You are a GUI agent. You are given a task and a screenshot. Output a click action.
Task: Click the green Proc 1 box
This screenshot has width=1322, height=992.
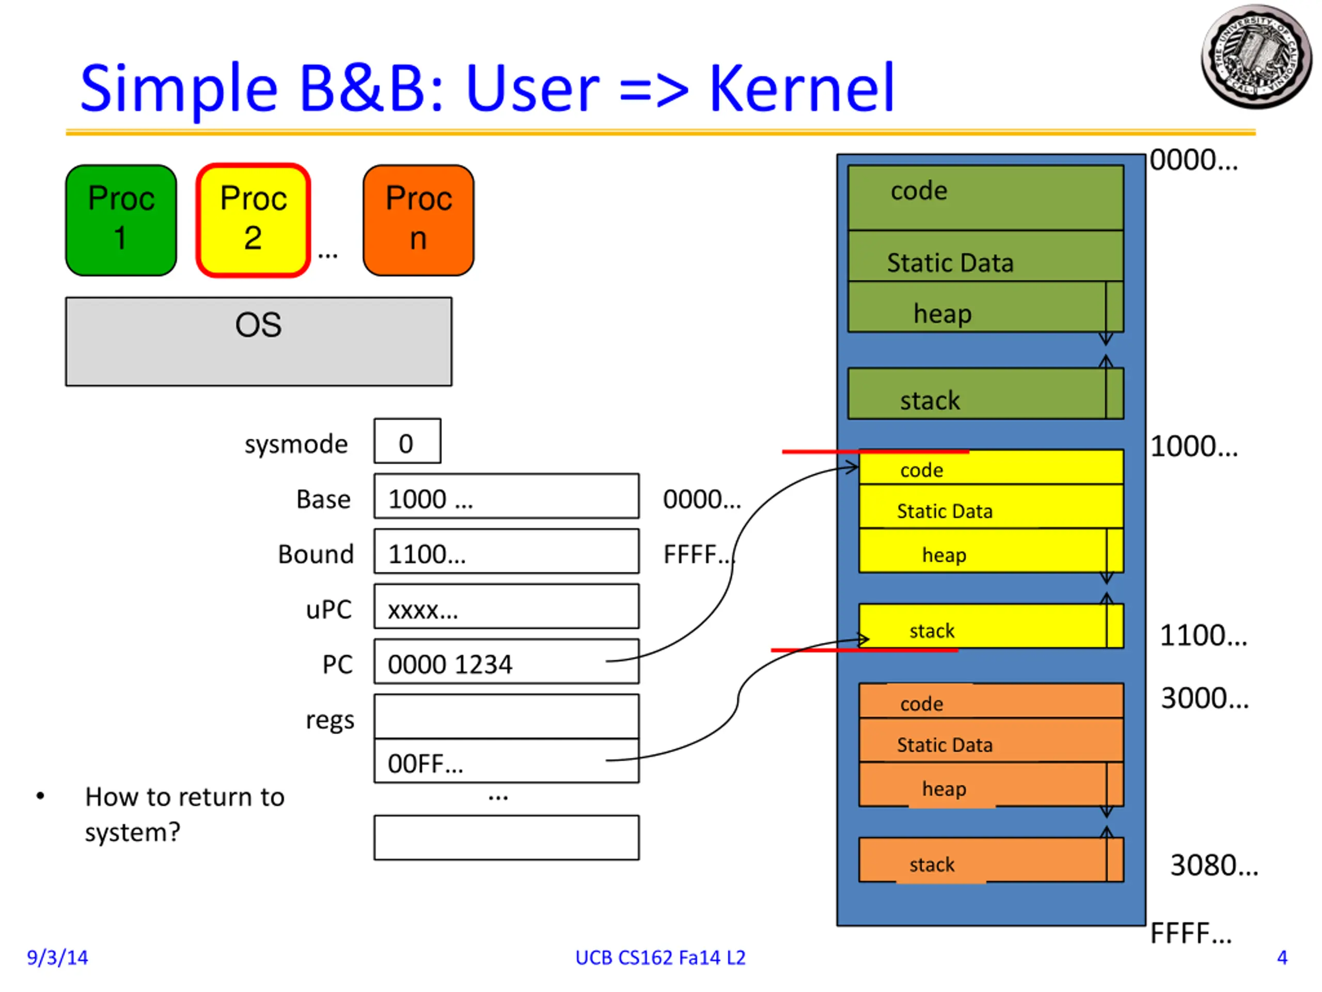coord(121,220)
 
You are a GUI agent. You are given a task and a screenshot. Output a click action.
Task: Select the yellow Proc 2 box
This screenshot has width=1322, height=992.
coord(254,220)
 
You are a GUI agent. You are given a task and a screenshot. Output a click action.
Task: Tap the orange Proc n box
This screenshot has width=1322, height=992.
coord(418,220)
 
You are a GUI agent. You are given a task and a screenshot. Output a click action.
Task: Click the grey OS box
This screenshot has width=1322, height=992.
coord(258,342)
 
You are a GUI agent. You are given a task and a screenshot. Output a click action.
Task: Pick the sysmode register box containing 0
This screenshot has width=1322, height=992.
coord(407,441)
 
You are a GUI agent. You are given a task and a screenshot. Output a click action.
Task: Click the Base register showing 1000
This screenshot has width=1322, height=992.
coord(506,497)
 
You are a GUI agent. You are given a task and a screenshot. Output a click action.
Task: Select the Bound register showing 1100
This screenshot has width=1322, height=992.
coord(506,551)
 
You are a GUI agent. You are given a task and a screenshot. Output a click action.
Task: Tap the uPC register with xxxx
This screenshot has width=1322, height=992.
coord(506,607)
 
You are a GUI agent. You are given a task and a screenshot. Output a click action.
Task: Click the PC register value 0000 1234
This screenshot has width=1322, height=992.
coord(506,662)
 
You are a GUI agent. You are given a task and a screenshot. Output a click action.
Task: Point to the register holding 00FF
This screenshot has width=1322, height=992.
coord(506,761)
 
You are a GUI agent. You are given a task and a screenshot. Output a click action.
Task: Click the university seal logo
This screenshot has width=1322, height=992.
coord(1256,57)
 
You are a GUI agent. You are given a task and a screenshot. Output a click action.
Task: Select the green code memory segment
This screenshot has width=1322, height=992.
coord(985,197)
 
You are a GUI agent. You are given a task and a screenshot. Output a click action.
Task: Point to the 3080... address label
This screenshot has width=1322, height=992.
coord(1213,864)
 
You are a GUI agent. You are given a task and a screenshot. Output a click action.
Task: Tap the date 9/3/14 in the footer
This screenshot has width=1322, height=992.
coord(57,957)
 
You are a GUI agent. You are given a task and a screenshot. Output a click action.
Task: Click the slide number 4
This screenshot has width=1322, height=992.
coord(1281,957)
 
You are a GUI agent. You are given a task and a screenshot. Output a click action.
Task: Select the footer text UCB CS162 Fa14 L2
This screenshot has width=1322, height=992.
coord(660,957)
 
